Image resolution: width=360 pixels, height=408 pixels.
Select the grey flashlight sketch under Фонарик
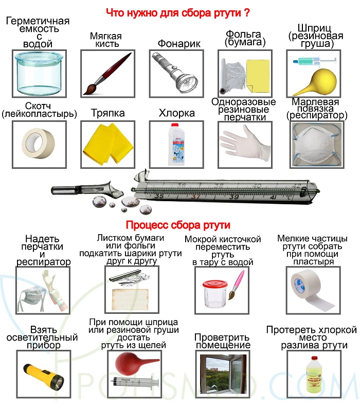pyautogui.click(x=175, y=73)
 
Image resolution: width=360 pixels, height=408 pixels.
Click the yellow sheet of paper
pyautogui.click(x=258, y=76)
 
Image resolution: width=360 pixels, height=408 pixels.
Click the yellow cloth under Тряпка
pyautogui.click(x=107, y=144)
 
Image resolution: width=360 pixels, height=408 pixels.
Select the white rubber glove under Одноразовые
pyautogui.click(x=245, y=144)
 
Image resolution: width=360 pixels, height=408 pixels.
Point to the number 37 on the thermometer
pyautogui.click(x=195, y=197)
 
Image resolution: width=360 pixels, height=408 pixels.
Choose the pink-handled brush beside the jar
pyautogui.click(x=237, y=285)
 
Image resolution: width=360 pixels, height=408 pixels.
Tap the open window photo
pyautogui.click(x=223, y=374)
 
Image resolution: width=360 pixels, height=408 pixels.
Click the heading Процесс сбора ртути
pyautogui.click(x=178, y=225)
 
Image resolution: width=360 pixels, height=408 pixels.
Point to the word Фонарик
pyautogui.click(x=179, y=44)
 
